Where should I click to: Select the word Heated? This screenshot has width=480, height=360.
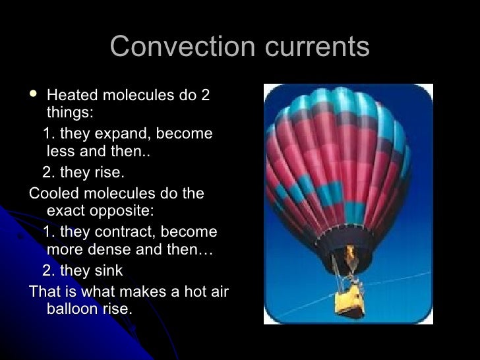pyautogui.click(x=71, y=96)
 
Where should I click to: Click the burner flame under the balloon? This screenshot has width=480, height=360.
pyautogui.click(x=350, y=253)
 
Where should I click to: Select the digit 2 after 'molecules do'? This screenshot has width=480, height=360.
pyautogui.click(x=204, y=96)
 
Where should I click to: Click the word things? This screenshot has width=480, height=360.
pyautogui.click(x=69, y=113)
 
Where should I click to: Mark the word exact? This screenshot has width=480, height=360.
pyautogui.click(x=66, y=212)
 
